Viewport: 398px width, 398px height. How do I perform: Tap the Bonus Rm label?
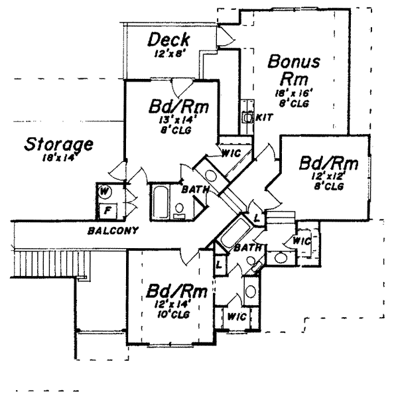295,69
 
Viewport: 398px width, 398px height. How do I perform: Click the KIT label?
261,117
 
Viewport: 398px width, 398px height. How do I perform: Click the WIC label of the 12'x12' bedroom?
302,240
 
